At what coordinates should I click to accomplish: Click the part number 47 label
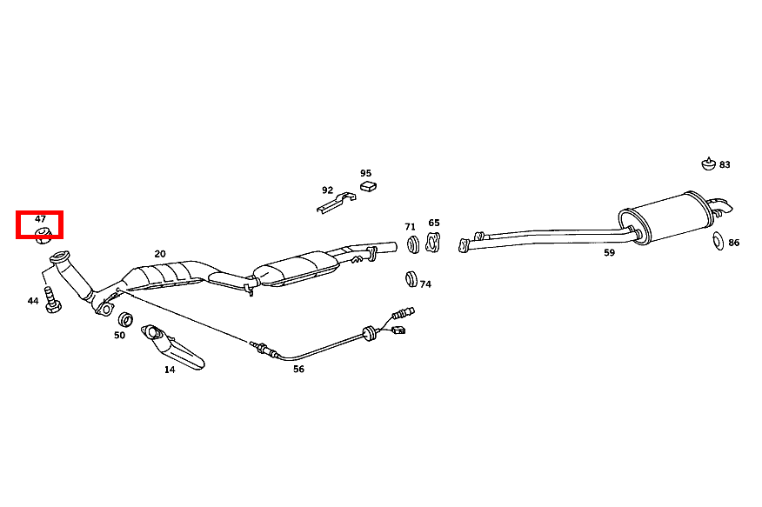point(40,219)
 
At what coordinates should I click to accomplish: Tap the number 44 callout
point(33,301)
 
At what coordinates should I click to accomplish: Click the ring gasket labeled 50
point(124,318)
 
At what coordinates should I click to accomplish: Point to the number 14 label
point(170,370)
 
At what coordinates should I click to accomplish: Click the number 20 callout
point(160,254)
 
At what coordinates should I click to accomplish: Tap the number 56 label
point(298,369)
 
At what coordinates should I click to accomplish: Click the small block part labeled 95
point(368,185)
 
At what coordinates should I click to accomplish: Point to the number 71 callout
point(410,227)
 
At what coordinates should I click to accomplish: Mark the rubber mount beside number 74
point(411,280)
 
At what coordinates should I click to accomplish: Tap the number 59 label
point(609,253)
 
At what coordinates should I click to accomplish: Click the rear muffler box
point(666,217)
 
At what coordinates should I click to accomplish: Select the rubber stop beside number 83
point(708,163)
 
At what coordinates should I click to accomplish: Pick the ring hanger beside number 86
point(718,240)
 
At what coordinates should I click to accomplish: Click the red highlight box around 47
point(42,225)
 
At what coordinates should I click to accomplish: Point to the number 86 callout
point(734,243)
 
